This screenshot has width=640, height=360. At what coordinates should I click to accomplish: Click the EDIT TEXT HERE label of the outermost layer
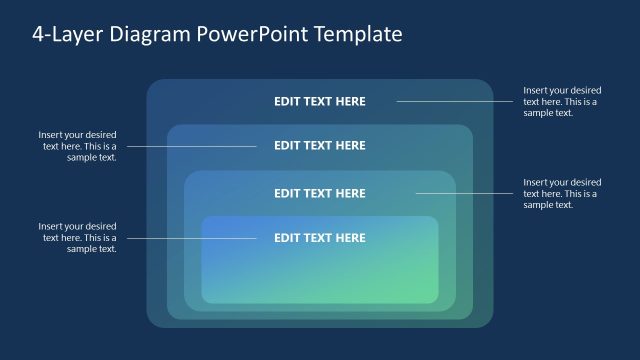coord(320,101)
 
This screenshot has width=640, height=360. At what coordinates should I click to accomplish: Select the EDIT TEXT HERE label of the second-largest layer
coord(320,146)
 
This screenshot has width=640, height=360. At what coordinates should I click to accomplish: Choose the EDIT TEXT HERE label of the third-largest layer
coord(320,193)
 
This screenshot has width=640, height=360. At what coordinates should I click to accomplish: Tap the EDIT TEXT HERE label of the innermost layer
coord(320,238)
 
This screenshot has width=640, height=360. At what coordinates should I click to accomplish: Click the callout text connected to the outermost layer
coord(562,102)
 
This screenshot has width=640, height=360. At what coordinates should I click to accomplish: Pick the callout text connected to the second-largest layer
coord(78,146)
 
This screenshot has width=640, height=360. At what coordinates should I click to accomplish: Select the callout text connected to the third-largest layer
coord(562,193)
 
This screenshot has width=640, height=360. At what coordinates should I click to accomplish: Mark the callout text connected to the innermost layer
coord(78,238)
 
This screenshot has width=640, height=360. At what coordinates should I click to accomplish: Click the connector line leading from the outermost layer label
coord(455,101)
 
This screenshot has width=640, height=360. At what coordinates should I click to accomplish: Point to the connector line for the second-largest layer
coord(190,146)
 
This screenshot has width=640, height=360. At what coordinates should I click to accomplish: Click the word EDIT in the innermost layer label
coord(287,238)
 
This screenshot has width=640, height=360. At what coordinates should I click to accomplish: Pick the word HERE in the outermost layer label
coord(350,101)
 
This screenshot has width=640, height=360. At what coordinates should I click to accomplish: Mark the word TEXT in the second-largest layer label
coord(319,146)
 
